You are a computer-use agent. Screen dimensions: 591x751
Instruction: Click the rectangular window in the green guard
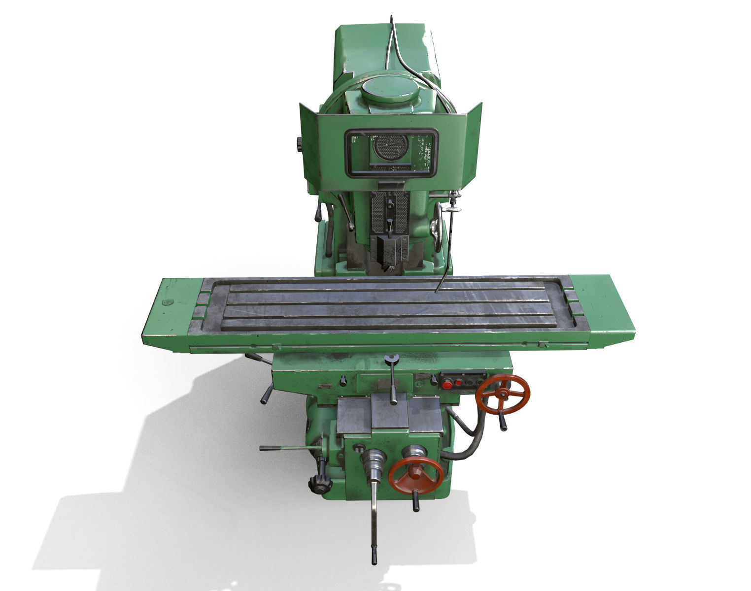tap(391, 153)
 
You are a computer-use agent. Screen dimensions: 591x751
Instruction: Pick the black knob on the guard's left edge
tap(299, 144)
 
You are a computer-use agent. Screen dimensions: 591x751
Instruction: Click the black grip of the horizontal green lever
tap(270, 448)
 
